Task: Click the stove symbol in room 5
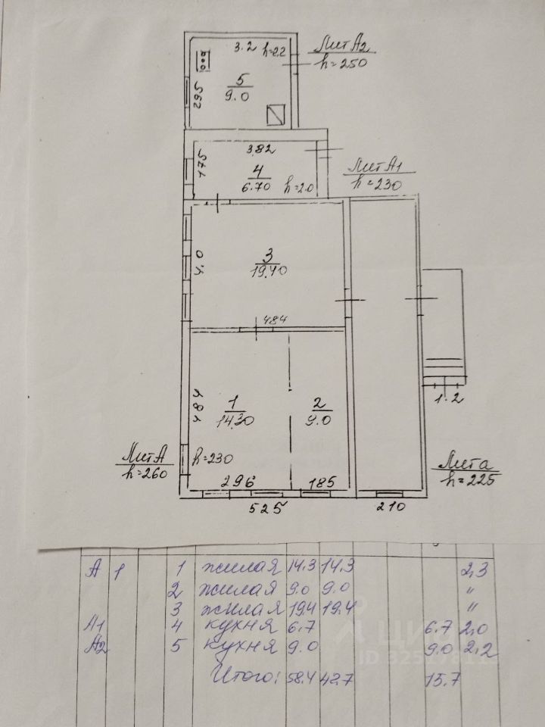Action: coord(204,59)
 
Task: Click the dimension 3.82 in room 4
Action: coord(241,149)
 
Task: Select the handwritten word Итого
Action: coord(243,673)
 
